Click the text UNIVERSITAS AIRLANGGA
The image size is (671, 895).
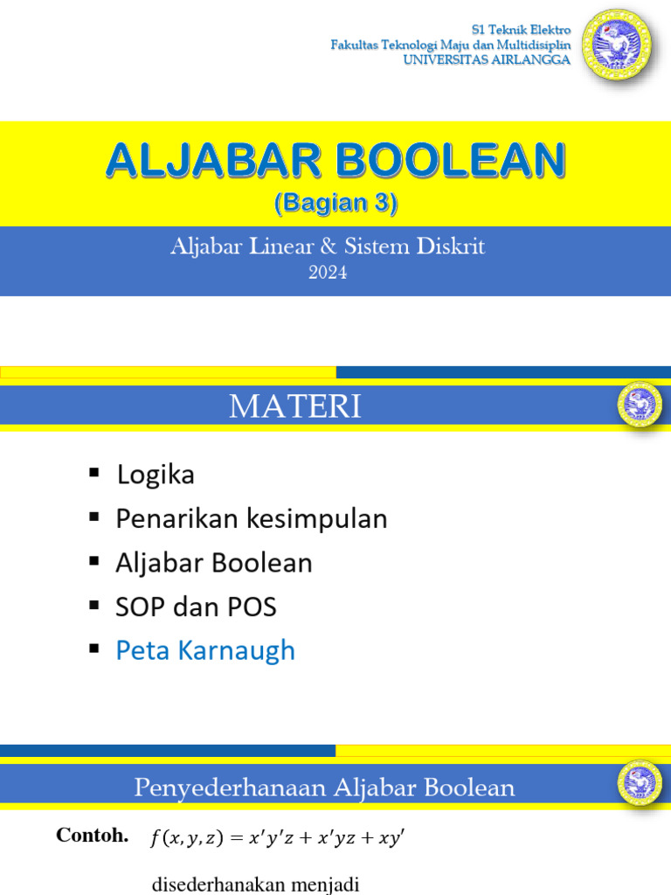486,59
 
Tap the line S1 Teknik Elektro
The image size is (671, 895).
521,30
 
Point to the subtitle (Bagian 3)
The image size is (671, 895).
335,205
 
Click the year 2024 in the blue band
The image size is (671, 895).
328,273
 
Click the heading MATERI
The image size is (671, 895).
295,407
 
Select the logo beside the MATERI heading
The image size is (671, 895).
640,404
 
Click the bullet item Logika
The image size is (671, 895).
156,475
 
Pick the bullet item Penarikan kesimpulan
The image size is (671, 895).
252,519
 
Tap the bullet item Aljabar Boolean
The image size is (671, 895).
214,563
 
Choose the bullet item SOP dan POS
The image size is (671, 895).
197,607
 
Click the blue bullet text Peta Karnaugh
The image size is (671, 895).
206,650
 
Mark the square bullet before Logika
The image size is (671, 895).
94,474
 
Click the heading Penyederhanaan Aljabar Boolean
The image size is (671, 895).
324,788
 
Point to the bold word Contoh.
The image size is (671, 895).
93,836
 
